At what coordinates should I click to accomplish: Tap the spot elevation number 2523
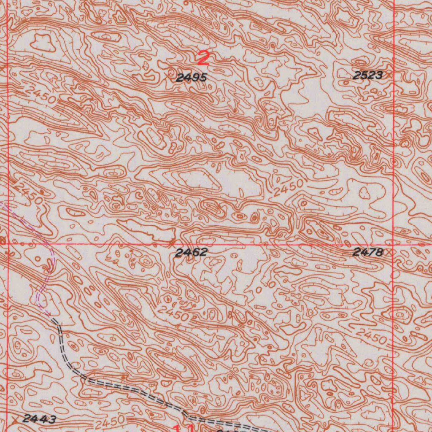(367, 76)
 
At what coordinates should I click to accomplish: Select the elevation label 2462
(191, 253)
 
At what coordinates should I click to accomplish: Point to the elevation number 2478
(368, 253)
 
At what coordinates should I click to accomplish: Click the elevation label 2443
(39, 419)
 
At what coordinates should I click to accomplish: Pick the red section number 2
(203, 58)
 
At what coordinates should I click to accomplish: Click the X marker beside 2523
(389, 74)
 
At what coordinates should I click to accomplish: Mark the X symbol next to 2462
(171, 243)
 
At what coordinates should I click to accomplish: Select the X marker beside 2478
(389, 252)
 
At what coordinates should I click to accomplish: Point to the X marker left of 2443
(16, 419)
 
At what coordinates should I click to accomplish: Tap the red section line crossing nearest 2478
(393, 244)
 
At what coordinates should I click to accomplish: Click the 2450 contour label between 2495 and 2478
(288, 188)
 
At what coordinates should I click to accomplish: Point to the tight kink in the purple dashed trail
(49, 266)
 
